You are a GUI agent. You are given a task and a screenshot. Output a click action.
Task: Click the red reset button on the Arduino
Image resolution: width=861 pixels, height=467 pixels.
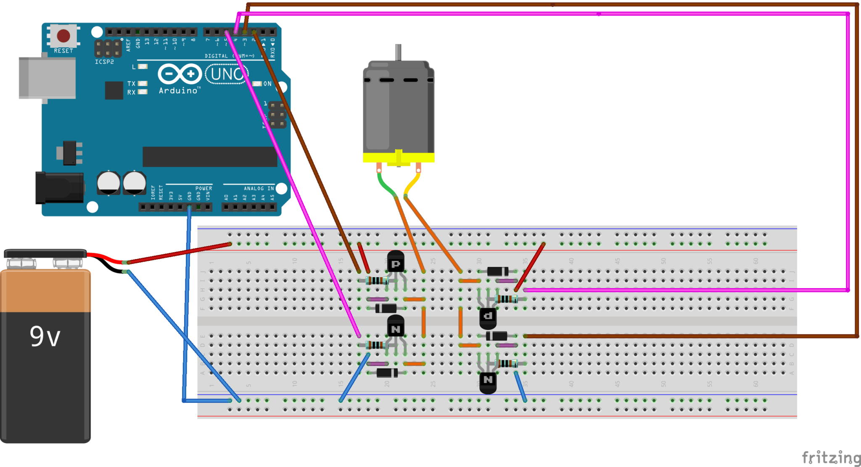63,36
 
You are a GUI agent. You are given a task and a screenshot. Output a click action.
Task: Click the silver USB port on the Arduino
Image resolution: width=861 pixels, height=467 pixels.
47,79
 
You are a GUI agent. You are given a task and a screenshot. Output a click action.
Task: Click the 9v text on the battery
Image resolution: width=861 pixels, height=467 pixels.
45,336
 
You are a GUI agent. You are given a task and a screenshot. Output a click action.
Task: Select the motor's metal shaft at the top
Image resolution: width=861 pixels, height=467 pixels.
398,52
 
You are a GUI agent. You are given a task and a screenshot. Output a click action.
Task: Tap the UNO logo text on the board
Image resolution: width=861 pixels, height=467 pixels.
227,74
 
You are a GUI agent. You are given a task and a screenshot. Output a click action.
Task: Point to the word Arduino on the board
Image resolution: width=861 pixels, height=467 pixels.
178,91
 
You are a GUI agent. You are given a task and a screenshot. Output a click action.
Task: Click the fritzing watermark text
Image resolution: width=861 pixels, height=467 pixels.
830,457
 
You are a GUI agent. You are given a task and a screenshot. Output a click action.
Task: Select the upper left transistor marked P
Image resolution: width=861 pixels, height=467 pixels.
396,262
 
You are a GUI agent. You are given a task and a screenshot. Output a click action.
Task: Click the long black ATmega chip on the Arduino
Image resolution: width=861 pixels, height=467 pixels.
209,157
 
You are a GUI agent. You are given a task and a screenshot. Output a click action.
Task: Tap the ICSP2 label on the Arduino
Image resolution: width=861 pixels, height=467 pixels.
104,62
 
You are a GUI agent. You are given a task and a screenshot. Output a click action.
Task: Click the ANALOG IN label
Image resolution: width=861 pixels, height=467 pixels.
259,189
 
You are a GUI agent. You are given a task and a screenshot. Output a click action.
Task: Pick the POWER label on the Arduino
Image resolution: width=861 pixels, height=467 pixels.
203,189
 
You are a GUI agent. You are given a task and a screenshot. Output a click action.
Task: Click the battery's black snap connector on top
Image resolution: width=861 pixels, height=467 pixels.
45,253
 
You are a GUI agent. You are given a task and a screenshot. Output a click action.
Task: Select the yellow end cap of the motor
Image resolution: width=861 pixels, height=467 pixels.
398,158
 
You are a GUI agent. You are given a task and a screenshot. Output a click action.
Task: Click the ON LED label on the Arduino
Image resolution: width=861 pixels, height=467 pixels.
267,84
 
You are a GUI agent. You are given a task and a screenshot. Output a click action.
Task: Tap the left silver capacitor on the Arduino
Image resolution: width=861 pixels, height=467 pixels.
108,183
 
